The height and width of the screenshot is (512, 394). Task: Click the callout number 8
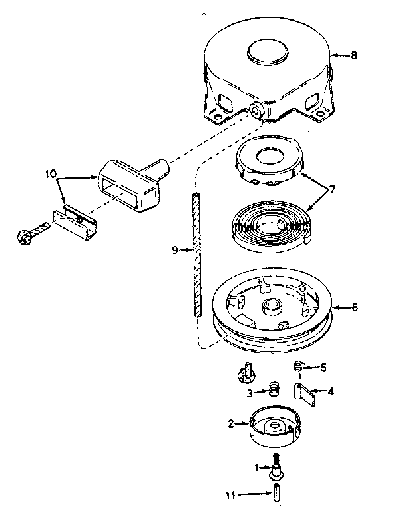(x=353, y=56)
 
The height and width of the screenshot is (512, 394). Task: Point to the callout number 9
(x=174, y=251)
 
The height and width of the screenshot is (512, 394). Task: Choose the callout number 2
(x=230, y=423)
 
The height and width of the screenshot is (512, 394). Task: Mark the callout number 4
(x=331, y=391)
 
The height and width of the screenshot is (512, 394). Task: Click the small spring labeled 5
(x=300, y=366)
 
